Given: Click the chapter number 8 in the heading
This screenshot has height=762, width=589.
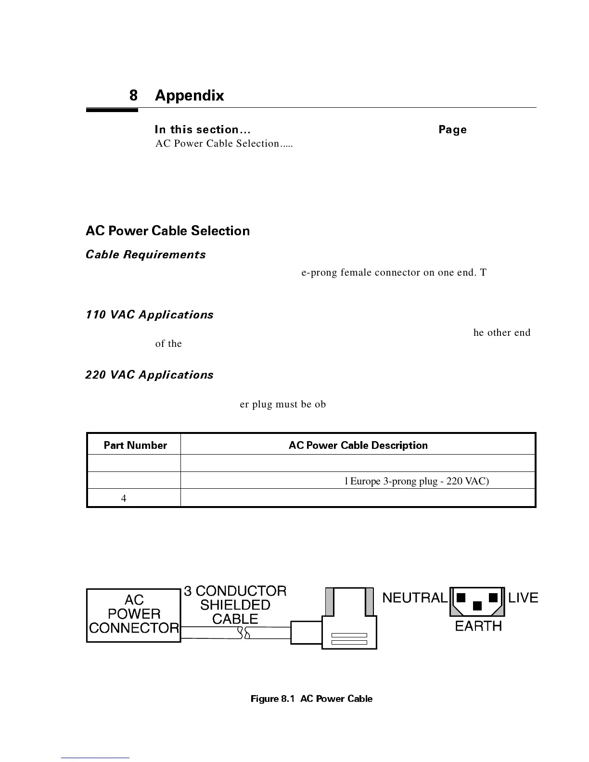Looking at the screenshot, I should [133, 96].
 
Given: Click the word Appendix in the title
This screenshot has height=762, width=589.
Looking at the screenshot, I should [189, 96].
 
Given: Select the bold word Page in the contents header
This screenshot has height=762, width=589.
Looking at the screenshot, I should [452, 130].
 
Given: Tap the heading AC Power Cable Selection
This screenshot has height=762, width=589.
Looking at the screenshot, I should [167, 231].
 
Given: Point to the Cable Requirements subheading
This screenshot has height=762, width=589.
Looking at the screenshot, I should [145, 255].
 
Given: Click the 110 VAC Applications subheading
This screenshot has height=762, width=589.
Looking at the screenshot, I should [149, 315].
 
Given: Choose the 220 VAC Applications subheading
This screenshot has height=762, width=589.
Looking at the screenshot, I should [149, 375].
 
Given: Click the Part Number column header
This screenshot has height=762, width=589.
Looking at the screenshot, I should [135, 445].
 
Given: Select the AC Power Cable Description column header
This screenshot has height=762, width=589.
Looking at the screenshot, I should [358, 445].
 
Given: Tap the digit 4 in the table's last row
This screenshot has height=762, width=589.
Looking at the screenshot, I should [124, 498].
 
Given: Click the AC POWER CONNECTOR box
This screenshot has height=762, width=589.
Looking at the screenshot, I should [134, 615].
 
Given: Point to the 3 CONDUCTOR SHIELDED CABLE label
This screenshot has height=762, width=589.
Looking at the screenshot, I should [235, 605].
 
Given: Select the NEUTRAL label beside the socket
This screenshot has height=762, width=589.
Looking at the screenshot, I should [415, 598].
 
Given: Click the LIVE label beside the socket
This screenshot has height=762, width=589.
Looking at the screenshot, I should [523, 598].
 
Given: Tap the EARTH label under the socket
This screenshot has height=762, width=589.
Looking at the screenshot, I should [478, 626].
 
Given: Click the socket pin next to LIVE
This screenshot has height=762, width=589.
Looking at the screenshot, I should [493, 597].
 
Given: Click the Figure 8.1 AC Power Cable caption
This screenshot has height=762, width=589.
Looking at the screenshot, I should [311, 699].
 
